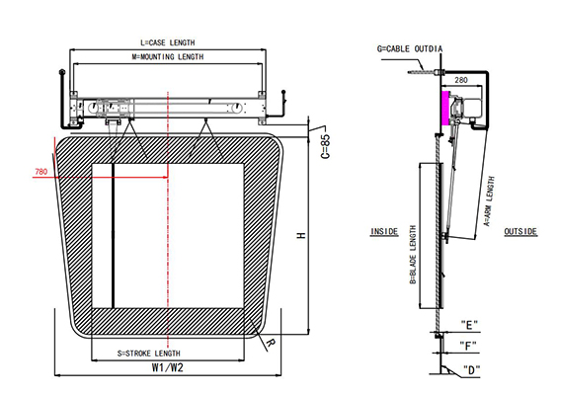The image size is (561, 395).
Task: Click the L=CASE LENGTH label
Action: coord(168,42)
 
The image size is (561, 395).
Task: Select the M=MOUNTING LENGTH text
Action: coord(168,57)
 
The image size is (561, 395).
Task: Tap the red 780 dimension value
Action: coord(40,172)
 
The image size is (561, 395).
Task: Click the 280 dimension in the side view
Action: coord(459,78)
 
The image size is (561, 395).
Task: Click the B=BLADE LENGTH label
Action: coord(413,253)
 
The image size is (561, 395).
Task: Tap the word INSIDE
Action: coord(384,231)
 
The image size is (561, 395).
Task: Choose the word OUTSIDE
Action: coord(520,231)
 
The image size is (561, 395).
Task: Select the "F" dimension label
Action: coord(468,345)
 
